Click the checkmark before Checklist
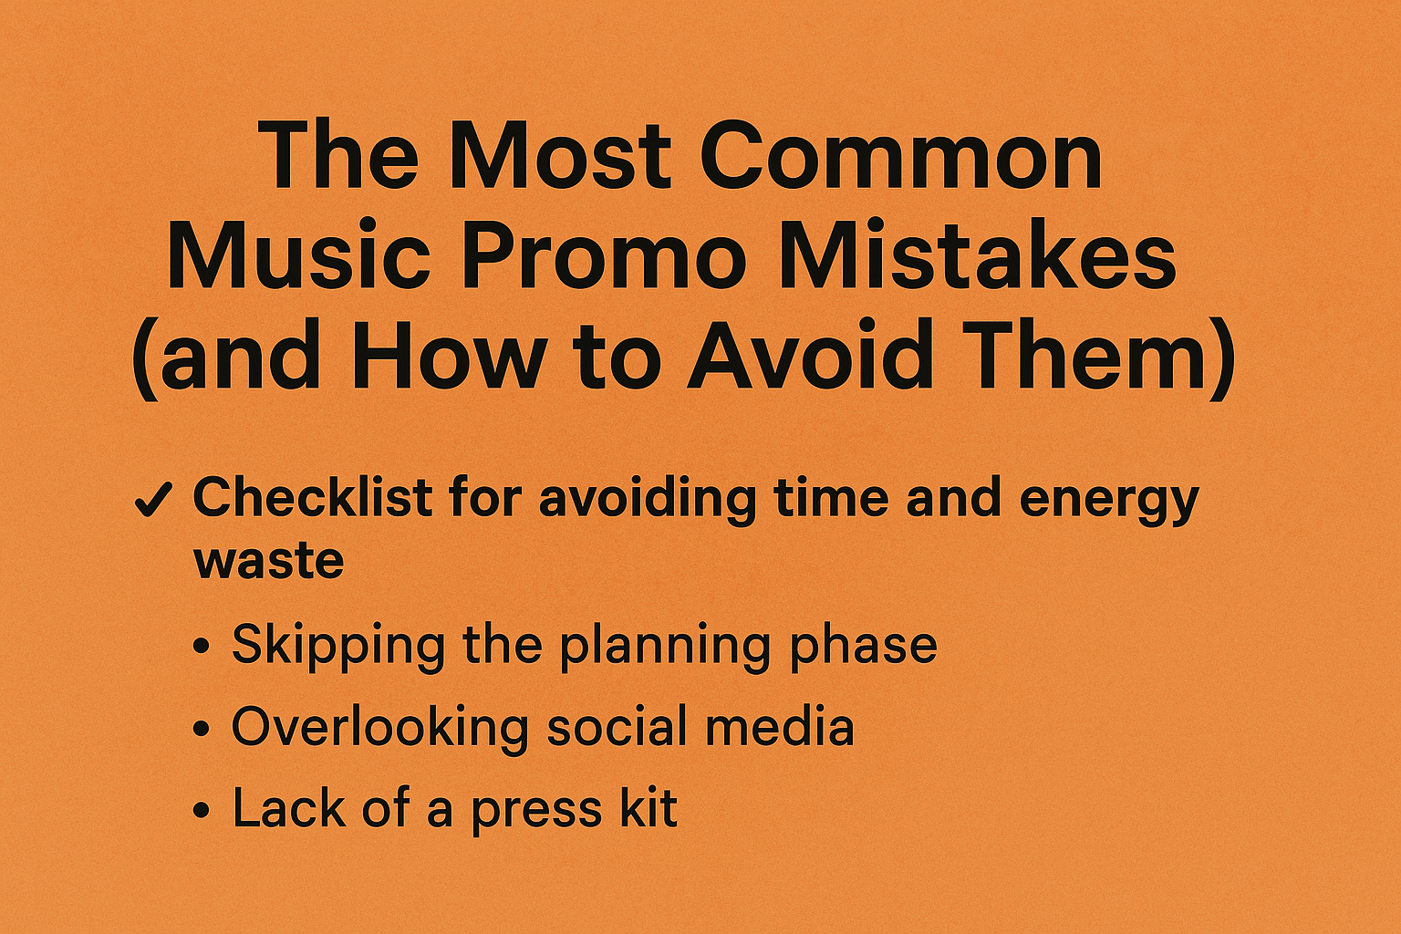153,500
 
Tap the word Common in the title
900,154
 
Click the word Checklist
313,498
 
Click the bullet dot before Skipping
201,647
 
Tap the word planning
664,649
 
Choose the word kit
648,807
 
